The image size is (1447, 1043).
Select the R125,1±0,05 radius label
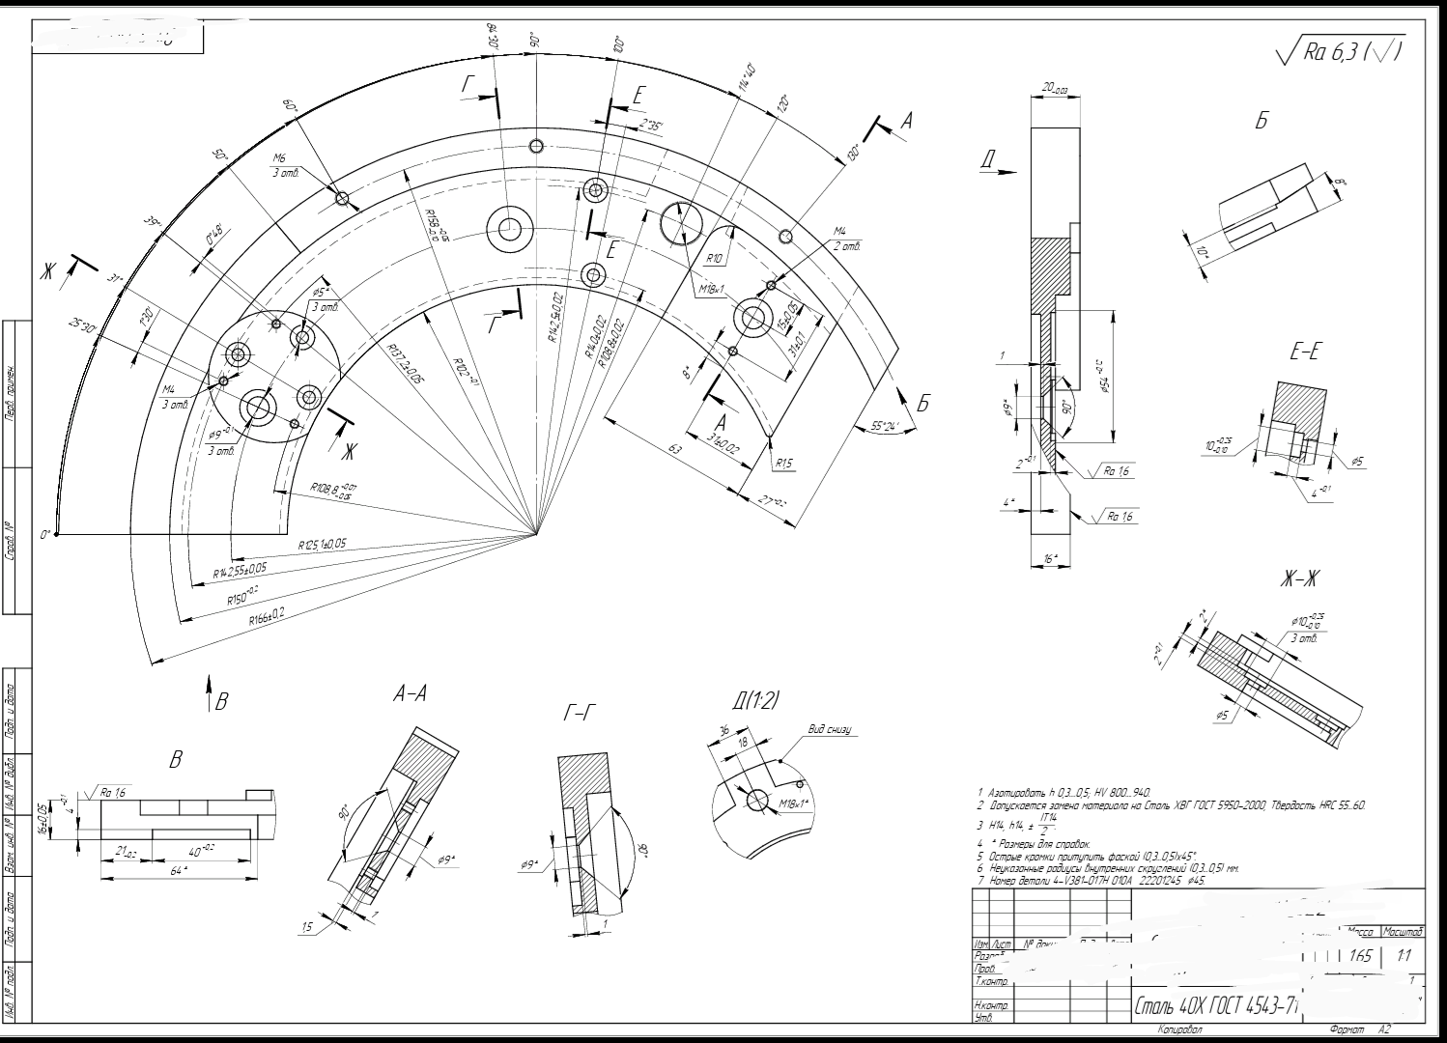pyautogui.click(x=322, y=547)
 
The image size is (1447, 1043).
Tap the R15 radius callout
pyautogui.click(x=783, y=465)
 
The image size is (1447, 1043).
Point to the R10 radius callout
pyautogui.click(x=715, y=259)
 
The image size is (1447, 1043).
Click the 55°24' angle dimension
pyautogui.click(x=878, y=426)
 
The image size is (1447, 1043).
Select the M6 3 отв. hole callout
pyautogui.click(x=285, y=165)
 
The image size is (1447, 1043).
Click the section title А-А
pyautogui.click(x=410, y=693)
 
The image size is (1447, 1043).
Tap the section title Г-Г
pyautogui.click(x=579, y=714)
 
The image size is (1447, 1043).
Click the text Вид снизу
pyautogui.click(x=829, y=730)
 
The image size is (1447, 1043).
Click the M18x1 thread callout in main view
pyautogui.click(x=712, y=289)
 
